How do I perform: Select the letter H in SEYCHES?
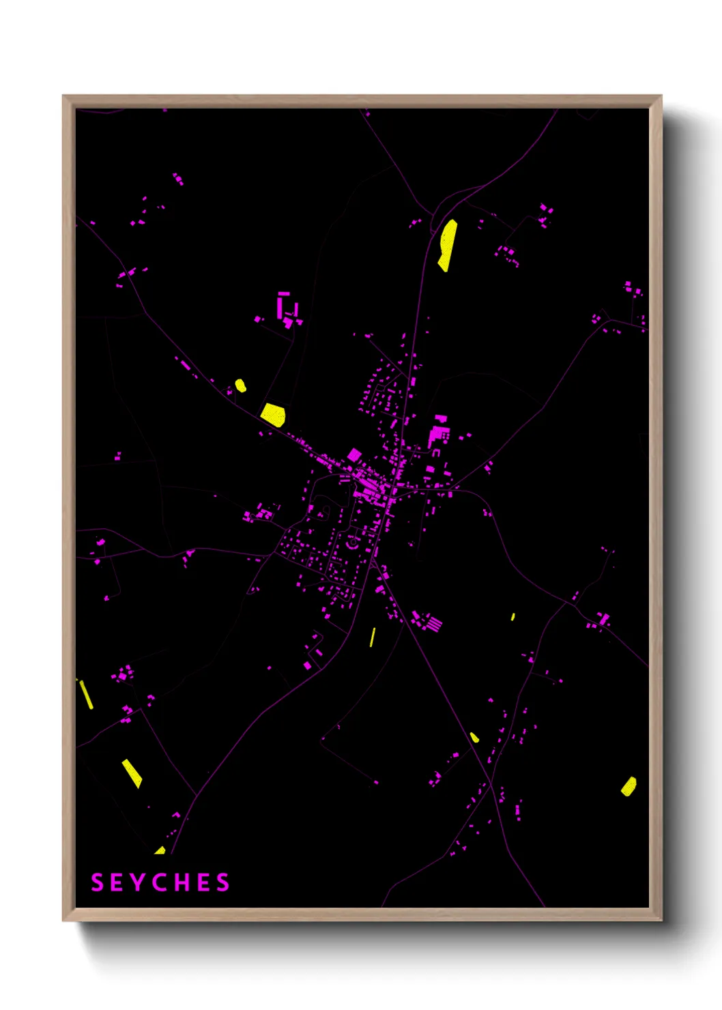click(182, 882)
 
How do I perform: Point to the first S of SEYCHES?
click(97, 882)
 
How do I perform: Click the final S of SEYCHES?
click(223, 882)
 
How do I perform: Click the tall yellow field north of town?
click(447, 245)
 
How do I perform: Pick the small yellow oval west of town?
click(240, 386)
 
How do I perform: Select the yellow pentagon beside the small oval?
click(273, 414)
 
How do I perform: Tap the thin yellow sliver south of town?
click(373, 637)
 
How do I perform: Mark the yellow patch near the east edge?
click(629, 786)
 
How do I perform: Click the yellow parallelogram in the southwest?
click(132, 773)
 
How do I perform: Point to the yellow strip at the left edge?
click(86, 694)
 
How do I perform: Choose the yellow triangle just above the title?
click(160, 850)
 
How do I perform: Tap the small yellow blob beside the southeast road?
click(474, 737)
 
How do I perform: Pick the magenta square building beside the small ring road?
click(354, 454)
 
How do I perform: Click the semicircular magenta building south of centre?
click(352, 543)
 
